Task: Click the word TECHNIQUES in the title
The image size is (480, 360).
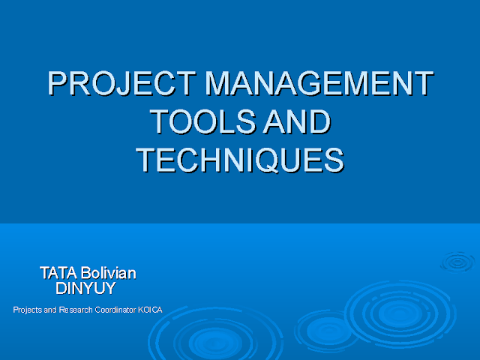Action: (x=240, y=159)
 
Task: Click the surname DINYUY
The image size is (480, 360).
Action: (x=86, y=288)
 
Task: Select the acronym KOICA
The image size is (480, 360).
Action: (x=151, y=310)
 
